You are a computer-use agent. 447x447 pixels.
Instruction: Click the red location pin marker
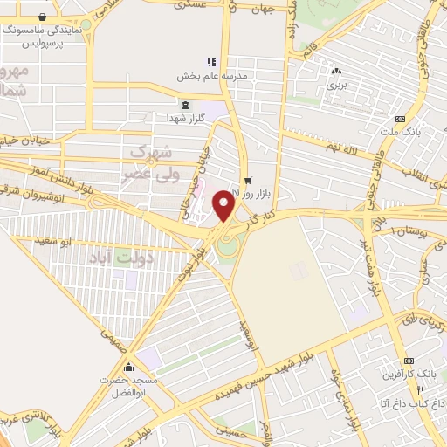coord(223,206)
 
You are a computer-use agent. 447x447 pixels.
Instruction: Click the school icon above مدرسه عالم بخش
coord(210,62)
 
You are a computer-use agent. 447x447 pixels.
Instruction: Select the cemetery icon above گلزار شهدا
coord(185,106)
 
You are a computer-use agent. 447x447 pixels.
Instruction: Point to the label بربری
coord(337,86)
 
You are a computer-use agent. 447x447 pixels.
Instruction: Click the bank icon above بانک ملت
coord(400,119)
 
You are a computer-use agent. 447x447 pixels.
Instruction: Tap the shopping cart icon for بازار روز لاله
coord(248,179)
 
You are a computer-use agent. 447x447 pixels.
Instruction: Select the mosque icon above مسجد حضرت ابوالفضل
coord(129,367)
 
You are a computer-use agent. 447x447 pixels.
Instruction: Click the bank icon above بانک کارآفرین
coord(408,361)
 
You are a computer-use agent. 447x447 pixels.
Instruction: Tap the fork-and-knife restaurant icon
coord(421,390)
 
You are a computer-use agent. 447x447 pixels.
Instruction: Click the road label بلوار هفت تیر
coord(372,262)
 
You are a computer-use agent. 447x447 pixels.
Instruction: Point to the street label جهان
coord(262,10)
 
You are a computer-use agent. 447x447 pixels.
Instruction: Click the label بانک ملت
coord(400,132)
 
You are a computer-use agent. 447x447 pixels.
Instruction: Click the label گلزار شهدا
coord(185,118)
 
